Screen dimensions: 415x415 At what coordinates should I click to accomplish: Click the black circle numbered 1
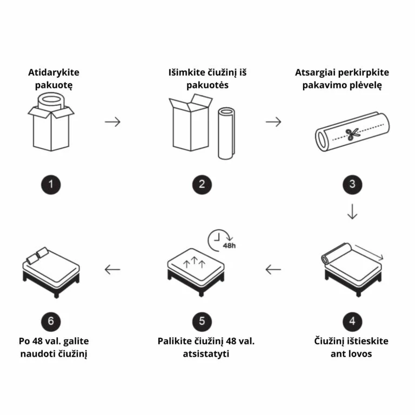pyautogui.click(x=51, y=184)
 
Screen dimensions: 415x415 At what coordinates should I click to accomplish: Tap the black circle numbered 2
pyautogui.click(x=202, y=184)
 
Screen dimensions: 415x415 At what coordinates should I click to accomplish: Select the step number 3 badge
pyautogui.click(x=352, y=184)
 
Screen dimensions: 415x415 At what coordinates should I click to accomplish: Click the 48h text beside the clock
pyautogui.click(x=229, y=245)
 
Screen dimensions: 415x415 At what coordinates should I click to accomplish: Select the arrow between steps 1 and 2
pyautogui.click(x=112, y=122)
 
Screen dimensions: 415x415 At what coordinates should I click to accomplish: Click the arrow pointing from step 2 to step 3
pyautogui.click(x=273, y=122)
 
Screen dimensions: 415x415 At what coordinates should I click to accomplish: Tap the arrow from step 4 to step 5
pyautogui.click(x=273, y=269)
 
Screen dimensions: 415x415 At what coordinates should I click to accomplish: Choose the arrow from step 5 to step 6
pyautogui.click(x=112, y=269)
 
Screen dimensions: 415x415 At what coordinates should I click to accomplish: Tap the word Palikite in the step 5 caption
pyautogui.click(x=175, y=341)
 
